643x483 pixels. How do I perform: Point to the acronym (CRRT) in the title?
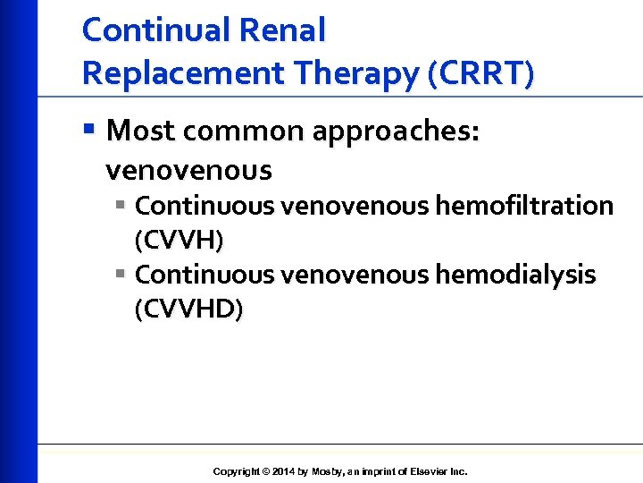coord(482,73)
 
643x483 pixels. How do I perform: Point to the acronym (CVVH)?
coord(179,241)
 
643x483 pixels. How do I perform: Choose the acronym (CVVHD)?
coord(188,309)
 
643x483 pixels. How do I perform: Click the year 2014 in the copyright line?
coord(282,471)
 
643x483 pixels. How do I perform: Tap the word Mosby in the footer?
coord(327,471)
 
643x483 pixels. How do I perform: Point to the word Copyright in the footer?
coord(237,471)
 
